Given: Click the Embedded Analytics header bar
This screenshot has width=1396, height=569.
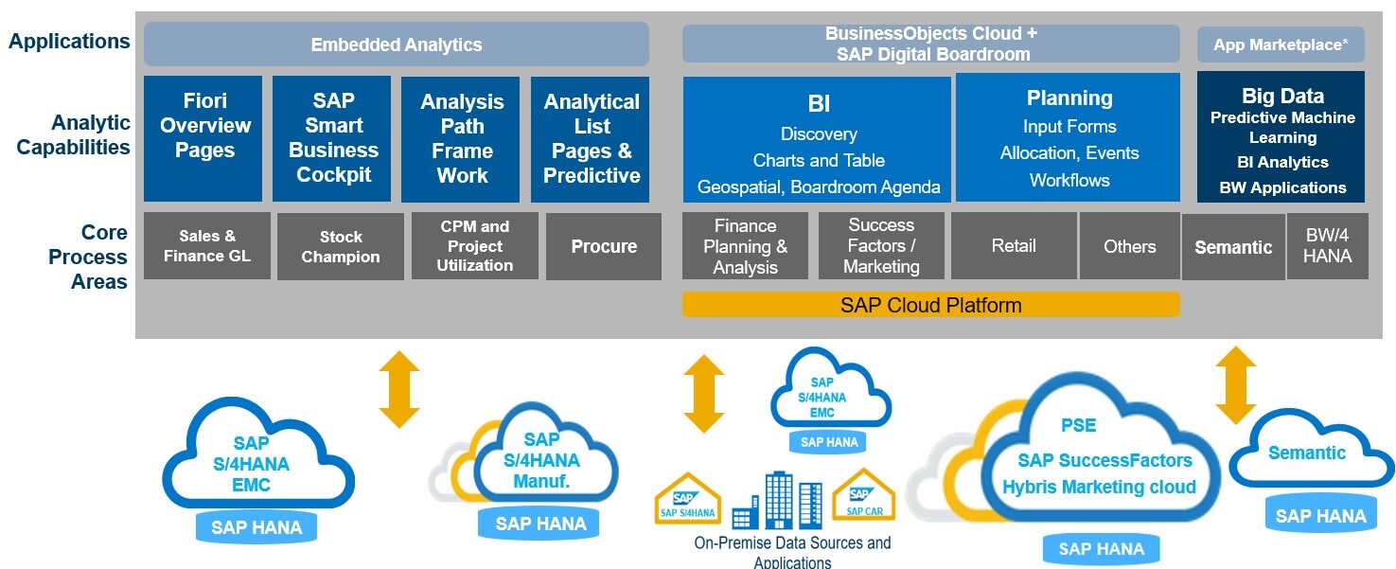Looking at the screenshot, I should tap(396, 44).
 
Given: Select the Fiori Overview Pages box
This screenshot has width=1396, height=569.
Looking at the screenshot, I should tap(203, 139).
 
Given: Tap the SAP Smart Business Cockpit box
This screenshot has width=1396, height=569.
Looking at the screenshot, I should tap(332, 139).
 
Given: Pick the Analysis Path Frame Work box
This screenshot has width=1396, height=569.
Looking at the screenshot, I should tap(461, 139).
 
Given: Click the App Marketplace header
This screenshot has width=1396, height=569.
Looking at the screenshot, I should tap(1281, 44).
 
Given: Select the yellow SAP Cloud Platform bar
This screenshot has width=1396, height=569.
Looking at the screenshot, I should tap(930, 305).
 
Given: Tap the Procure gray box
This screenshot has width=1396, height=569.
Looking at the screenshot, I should tap(603, 246).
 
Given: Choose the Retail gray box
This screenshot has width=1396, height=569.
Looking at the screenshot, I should tap(1013, 246).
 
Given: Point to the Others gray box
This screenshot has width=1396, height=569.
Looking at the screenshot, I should tap(1129, 246).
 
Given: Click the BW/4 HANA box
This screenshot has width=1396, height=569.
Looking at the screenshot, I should tap(1327, 246).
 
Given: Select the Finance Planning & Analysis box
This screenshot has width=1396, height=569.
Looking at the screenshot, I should tap(745, 246).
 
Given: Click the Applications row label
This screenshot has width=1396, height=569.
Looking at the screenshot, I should tap(69, 42).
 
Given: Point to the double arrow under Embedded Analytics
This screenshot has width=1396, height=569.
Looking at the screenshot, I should tap(398, 388).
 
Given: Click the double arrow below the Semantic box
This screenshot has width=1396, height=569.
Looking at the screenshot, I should tap(1235, 384).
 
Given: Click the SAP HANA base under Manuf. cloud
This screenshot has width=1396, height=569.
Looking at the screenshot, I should tap(540, 524).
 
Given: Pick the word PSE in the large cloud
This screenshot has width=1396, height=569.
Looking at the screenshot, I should tap(1078, 425).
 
